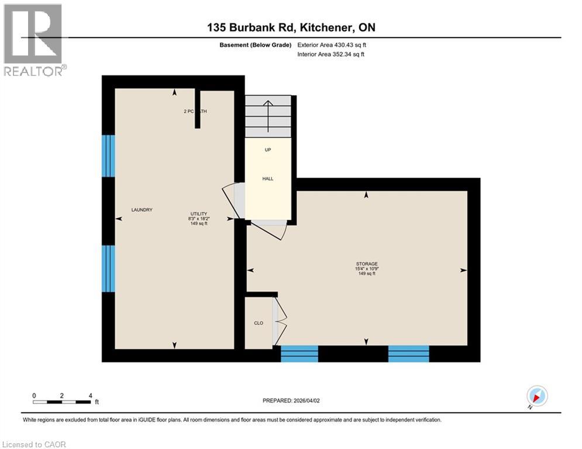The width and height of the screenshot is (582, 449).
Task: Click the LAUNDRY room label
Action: [142, 210]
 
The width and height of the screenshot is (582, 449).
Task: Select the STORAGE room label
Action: [367, 264]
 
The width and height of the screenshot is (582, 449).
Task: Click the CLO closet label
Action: [259, 322]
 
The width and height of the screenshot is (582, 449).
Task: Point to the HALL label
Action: [268, 179]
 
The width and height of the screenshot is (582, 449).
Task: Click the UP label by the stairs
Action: [267, 149]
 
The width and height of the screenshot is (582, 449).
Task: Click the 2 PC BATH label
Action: [195, 111]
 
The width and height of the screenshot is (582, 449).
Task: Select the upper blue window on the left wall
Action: [108, 156]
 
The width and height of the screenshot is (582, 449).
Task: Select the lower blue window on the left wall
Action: [108, 268]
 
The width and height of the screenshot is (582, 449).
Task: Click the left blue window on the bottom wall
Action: [299, 354]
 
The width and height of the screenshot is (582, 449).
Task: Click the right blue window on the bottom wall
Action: [408, 354]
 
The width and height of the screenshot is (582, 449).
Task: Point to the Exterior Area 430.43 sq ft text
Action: [332, 44]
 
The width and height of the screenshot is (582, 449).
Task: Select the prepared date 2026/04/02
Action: [291, 400]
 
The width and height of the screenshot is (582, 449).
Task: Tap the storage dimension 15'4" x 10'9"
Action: [367, 268]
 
